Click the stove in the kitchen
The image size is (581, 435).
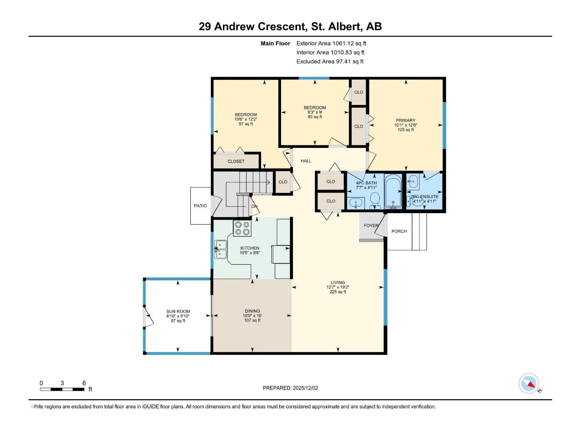click(242, 228)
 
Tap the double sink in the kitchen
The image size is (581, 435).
click(220, 249)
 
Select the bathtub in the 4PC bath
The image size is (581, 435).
click(393, 192)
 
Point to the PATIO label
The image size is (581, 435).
click(200, 206)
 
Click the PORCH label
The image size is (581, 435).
click(399, 231)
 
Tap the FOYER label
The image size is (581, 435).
click(371, 225)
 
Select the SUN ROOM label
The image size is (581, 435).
click(178, 311)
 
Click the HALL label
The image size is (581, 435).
click(306, 161)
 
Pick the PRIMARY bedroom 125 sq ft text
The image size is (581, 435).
click(406, 130)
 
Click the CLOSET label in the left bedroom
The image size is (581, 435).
click(236, 161)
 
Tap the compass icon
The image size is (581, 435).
click(529, 384)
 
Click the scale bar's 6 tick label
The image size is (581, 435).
click(84, 383)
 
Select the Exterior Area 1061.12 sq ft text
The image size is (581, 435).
click(331, 43)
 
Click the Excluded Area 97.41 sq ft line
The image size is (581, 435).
click(330, 62)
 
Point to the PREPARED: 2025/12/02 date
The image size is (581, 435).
click(290, 388)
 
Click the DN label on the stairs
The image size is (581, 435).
click(255, 206)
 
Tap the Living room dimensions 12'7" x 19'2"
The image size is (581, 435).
click(338, 287)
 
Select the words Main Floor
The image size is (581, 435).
click(275, 43)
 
